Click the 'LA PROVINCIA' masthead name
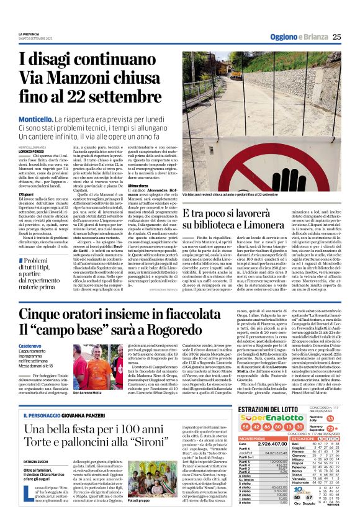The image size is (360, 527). pos(29,34)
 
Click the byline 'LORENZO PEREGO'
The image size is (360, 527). pos(32,151)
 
